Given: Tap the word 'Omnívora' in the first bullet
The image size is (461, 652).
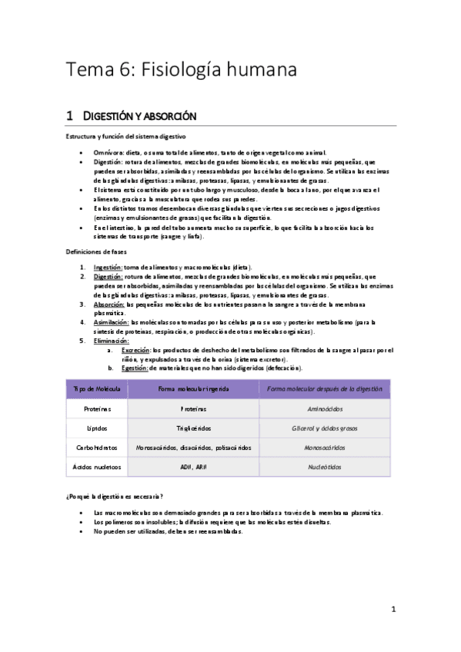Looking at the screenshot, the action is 108,153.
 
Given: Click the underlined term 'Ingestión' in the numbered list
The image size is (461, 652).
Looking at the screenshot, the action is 108,267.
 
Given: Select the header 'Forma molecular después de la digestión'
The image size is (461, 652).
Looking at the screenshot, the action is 324,389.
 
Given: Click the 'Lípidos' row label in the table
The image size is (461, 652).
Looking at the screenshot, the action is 97,428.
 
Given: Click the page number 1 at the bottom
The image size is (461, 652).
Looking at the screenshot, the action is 393,610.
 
